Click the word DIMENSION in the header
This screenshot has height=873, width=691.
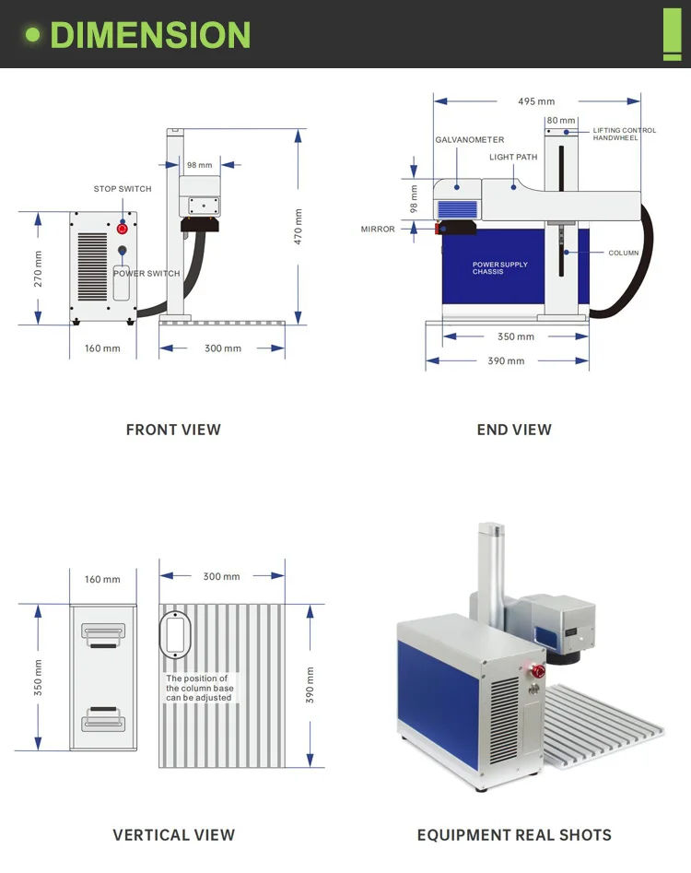pos(150,35)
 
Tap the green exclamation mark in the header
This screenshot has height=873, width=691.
pos(672,34)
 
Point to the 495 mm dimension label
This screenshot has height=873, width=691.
pos(536,101)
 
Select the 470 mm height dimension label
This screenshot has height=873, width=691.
pos(298,225)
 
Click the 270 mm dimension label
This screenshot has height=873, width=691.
pos(39,268)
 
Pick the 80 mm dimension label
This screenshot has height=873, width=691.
pos(560,121)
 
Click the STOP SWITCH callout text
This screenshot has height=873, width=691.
pos(123,189)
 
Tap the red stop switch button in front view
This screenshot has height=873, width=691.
pos(122,228)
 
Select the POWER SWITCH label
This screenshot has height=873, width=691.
pos(146,274)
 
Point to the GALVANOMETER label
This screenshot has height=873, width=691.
pos(470,140)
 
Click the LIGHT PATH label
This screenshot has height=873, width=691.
pos(513,158)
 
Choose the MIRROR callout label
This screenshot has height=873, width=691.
pos(378,230)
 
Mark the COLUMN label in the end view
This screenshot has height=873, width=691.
pos(623,253)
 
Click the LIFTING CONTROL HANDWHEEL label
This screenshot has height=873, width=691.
pos(624,135)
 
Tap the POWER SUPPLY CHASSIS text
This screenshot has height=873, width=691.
pos(500,268)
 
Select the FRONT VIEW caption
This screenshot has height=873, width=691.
pos(173,430)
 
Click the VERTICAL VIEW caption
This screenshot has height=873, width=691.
pos(173,835)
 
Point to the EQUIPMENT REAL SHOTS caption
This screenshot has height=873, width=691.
pos(514,835)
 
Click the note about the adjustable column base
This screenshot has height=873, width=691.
pos(200,689)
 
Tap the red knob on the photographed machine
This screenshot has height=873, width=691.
pos(532,669)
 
